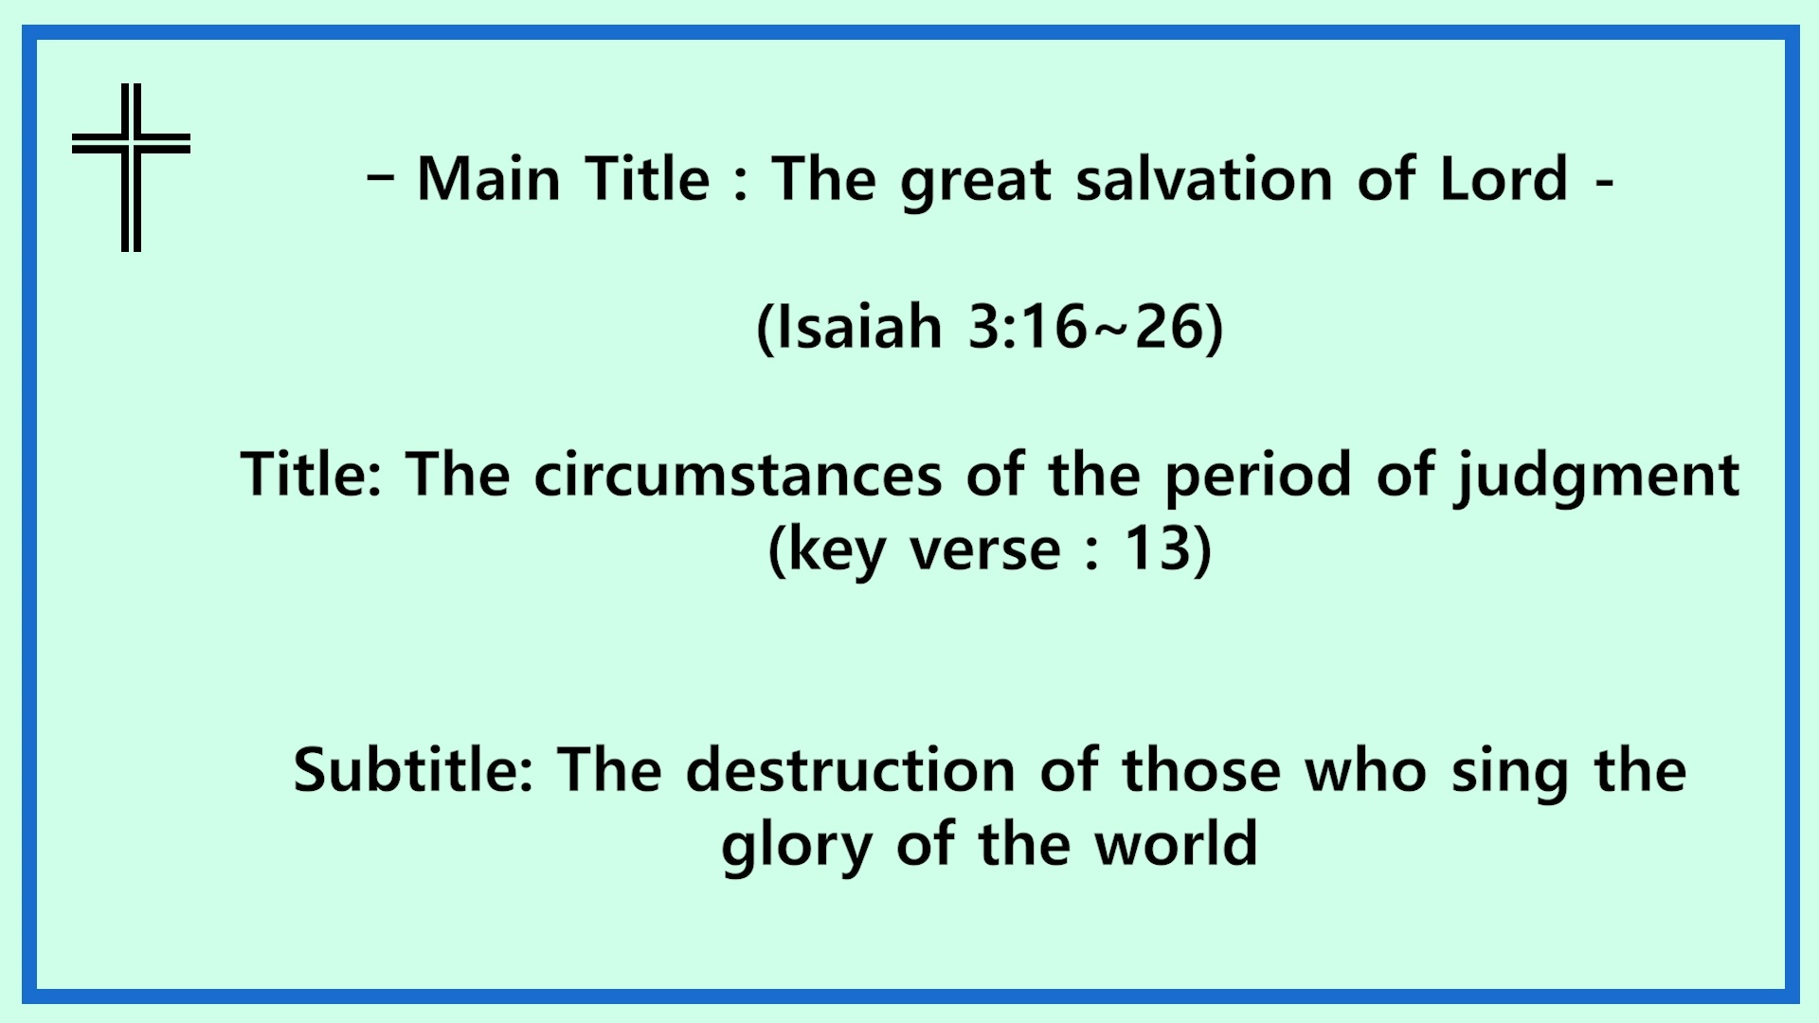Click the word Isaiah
(x=858, y=327)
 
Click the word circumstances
(x=738, y=474)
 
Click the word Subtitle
(x=414, y=768)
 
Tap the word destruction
(x=851, y=768)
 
